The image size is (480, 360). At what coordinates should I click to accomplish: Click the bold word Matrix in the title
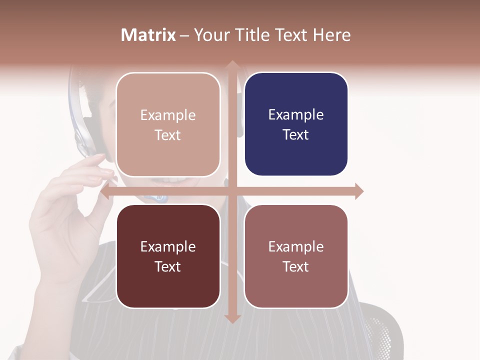coord(148,35)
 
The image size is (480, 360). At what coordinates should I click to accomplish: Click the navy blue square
coord(296,124)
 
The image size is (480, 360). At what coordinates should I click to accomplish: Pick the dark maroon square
coord(168,256)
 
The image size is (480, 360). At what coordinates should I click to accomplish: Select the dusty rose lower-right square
coord(296,256)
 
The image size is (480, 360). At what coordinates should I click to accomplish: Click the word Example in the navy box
coord(296,114)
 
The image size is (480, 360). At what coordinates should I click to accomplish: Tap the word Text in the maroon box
coord(168,266)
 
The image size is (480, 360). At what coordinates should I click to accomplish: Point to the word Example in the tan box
coord(168,115)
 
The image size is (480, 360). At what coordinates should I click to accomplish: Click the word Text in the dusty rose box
coord(296,266)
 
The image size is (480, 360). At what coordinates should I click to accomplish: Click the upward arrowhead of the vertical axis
coord(232,65)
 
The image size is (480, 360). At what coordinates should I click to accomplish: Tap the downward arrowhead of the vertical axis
coord(232,318)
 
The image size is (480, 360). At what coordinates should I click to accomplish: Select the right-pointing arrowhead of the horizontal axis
coord(359,191)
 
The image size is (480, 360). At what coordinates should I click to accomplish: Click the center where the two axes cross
coord(232,191)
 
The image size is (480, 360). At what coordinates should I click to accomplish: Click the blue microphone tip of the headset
coord(161,198)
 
